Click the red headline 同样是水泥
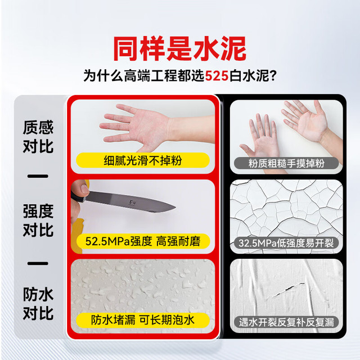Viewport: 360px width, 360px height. tap(180, 49)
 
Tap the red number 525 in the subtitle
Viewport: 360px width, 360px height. tap(217, 76)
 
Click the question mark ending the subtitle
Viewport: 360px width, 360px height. tap(273, 75)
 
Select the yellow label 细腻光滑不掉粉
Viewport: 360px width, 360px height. tap(143, 160)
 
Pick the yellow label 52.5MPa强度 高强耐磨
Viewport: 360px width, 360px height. tap(143, 241)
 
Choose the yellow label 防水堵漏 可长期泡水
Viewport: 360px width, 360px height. tap(143, 320)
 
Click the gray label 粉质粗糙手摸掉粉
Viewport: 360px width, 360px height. tap(286, 163)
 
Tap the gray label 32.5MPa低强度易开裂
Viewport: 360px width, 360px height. tap(286, 243)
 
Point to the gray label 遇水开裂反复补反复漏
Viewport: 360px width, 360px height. tap(286, 322)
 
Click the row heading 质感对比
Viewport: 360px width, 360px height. tap(38, 137)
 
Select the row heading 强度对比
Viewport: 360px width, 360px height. tap(38, 220)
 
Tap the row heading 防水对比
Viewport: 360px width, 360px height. tap(38, 304)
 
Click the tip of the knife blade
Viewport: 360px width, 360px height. tap(175, 208)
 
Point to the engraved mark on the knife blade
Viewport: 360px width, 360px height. tap(133, 202)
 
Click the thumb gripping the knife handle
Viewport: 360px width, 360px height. tap(82, 188)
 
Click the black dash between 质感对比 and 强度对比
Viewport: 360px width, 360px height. tap(38, 176)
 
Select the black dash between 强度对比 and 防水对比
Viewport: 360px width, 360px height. tap(38, 263)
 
